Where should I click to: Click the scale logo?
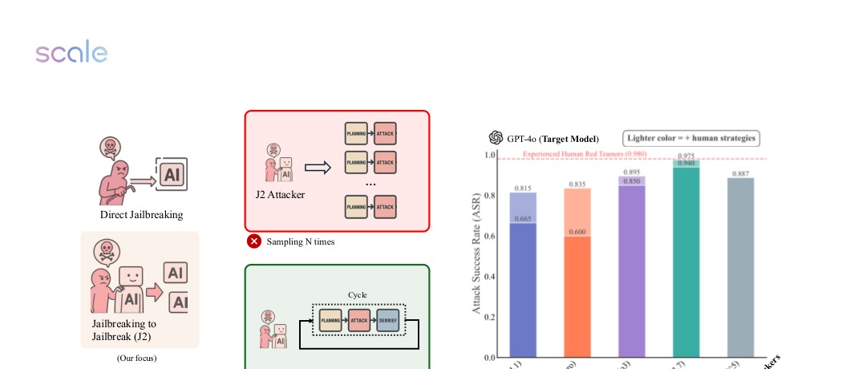[71, 53]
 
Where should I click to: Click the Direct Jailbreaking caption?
[141, 214]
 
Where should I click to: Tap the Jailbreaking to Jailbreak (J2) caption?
[124, 330]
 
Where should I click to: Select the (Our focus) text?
[136, 358]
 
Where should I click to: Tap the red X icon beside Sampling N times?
[253, 241]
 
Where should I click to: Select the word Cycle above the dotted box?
[357, 294]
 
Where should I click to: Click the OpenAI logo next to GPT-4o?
[496, 138]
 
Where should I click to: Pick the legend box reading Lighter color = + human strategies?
[690, 138]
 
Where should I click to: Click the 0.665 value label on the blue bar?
[523, 218]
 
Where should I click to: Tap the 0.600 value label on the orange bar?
[577, 232]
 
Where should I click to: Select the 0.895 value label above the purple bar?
[632, 172]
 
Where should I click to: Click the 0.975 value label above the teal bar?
[686, 156]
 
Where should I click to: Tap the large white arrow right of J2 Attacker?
[318, 168]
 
